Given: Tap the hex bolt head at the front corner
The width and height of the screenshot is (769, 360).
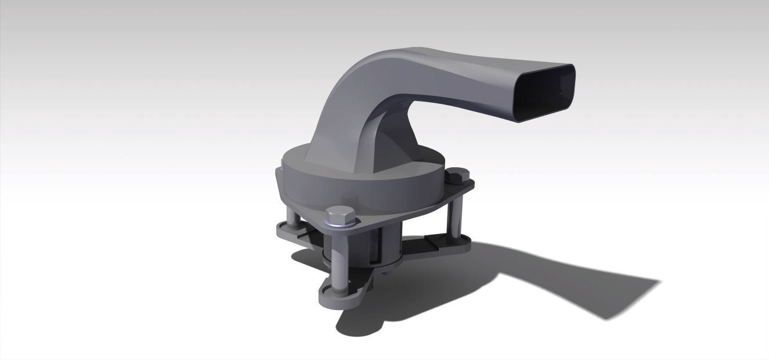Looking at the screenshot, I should [337, 215].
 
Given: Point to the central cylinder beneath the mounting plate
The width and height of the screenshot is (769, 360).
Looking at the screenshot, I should [383, 244].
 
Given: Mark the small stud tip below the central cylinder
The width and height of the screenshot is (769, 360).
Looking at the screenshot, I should [387, 268].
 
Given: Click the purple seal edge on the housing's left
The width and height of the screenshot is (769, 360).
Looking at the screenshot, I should [282, 174].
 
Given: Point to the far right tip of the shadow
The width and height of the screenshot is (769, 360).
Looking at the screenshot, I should [659, 282].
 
